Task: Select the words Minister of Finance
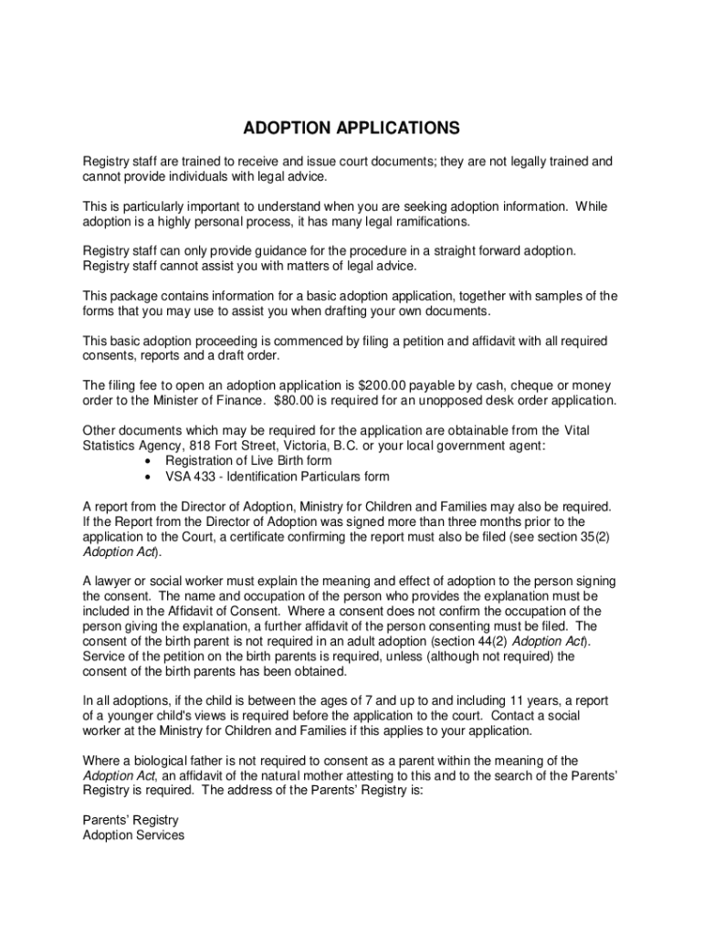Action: pos(182,401)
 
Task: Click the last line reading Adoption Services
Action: pos(133,835)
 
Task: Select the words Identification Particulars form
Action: pos(310,476)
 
